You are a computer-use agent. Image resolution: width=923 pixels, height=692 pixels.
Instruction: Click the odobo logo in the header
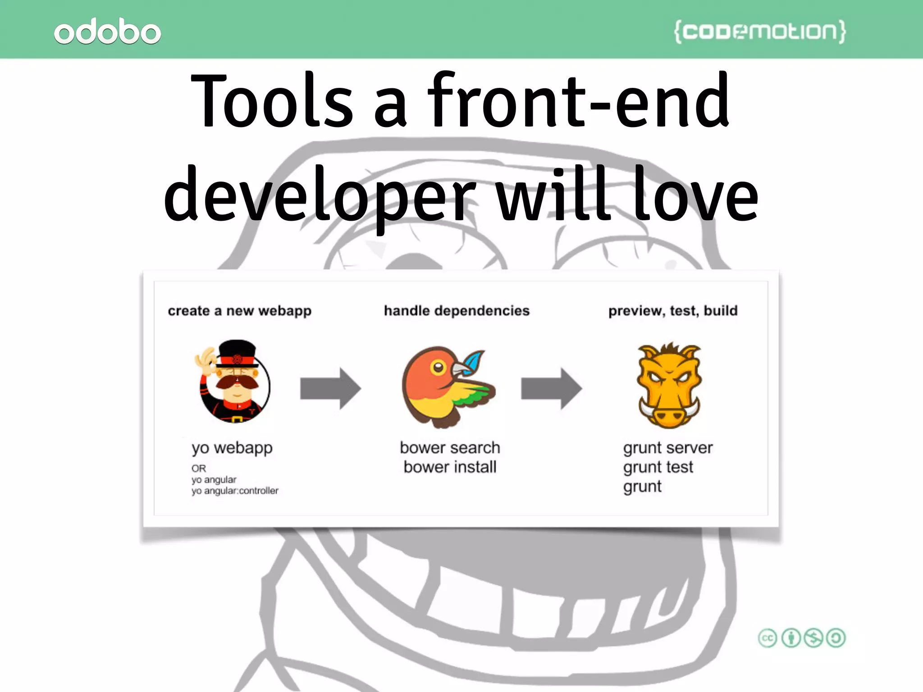coord(107,32)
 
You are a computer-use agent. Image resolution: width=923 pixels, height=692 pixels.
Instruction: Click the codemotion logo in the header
coord(759,32)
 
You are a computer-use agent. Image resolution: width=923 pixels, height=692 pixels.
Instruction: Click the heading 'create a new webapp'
coord(239,311)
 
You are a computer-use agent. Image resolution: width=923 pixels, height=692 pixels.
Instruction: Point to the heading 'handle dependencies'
coord(457,311)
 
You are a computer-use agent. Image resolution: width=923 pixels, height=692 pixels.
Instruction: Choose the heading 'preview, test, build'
coord(673,311)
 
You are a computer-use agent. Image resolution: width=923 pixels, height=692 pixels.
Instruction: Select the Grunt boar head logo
coord(669,386)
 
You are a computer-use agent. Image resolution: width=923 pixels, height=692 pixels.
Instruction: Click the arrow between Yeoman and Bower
coord(330,388)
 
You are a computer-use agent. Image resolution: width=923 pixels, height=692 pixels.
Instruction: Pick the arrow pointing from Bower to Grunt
coord(551,388)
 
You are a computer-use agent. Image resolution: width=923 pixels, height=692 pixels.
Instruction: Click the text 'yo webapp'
coord(232,448)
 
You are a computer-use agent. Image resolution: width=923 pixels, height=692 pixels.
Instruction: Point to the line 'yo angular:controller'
coord(235,491)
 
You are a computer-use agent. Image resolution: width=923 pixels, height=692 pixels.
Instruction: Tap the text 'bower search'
coord(450,447)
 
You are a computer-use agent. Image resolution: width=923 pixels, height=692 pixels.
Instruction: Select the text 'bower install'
coord(450,467)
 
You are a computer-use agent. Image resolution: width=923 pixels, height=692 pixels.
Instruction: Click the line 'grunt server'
coord(667,448)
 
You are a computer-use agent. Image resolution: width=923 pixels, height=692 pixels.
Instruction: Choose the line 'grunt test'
coord(658,467)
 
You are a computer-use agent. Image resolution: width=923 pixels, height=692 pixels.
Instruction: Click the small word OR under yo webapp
coord(198,469)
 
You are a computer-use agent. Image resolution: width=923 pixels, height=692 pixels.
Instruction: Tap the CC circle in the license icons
coord(768,638)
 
